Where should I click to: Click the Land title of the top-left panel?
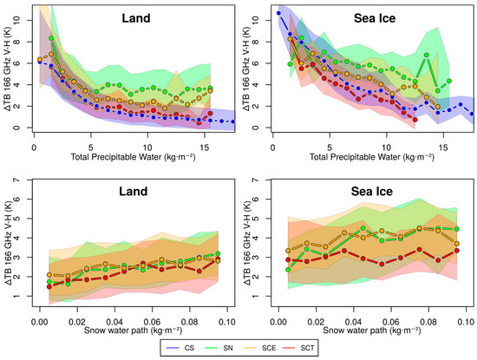pos(136,18)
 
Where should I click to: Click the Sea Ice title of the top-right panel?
pos(375,18)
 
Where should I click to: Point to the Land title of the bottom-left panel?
pos(134,192)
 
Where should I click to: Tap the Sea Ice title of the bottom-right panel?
pos(372,192)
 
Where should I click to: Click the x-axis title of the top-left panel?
pos(133,157)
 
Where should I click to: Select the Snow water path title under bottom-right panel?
pos(372,331)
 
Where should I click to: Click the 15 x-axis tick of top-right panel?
pos(443,147)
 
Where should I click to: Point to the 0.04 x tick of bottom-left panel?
pos(114,322)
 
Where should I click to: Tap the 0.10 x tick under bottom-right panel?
pos(466,322)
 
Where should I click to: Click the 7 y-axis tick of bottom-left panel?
pos(16,180)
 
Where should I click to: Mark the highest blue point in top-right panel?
pos(278,13)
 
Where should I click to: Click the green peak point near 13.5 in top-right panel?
pos(427,55)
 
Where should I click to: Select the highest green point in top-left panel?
pos(51,38)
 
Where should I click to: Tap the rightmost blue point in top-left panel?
pos(233,121)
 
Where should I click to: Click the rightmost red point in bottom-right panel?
pos(457,251)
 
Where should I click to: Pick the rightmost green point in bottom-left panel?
pos(218,253)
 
